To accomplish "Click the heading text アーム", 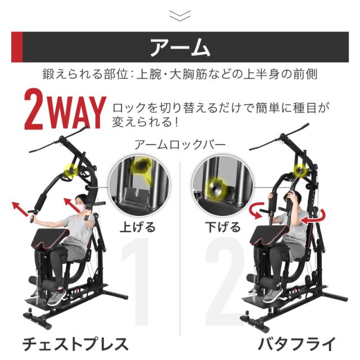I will (180, 47).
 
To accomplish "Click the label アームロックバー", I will (180, 145).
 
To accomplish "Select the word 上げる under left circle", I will (138, 228).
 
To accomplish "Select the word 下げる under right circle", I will (224, 228).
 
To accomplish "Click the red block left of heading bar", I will (17, 47).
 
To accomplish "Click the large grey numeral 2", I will (225, 281).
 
